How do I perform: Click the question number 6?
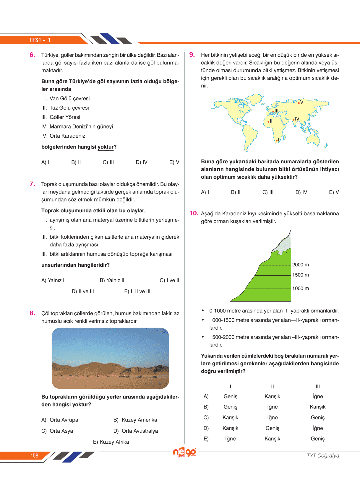pos(32,55)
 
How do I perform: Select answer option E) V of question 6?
pos(174,162)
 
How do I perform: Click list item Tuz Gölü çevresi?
pos(69,108)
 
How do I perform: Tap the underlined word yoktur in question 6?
pos(106,147)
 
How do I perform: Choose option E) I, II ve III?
pos(137,291)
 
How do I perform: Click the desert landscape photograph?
pos(110,358)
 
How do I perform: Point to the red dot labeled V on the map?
pos(299,103)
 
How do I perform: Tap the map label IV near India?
pos(297,119)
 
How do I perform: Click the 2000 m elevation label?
pos(300,265)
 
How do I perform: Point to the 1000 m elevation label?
pos(300,288)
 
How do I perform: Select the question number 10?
pos(194,213)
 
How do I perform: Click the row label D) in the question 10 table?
pos(206,428)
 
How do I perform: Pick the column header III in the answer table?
pos(317,386)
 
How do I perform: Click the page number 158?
pos(34,455)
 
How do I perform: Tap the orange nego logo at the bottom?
pos(184,452)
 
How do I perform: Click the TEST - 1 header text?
pos(40,40)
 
